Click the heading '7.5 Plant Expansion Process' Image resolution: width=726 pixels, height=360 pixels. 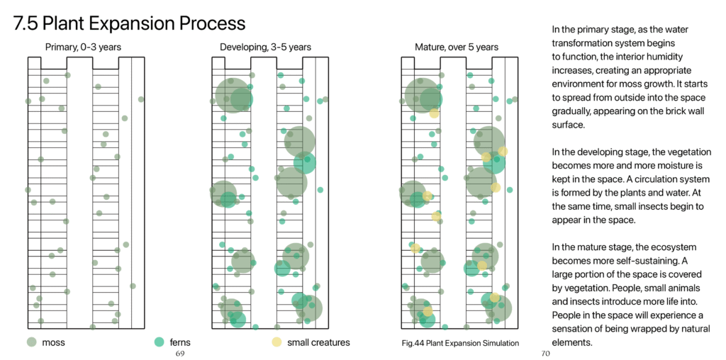click(x=129, y=23)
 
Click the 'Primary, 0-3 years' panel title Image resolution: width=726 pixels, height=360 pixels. click(x=84, y=47)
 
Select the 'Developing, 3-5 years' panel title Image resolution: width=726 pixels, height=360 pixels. click(x=265, y=47)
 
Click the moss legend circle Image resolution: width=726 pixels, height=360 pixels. click(x=31, y=342)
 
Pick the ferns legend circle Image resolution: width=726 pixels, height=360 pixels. click(x=160, y=342)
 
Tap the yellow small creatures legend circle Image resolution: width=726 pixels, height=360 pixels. click(x=277, y=342)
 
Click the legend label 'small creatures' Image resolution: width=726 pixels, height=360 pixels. click(x=318, y=343)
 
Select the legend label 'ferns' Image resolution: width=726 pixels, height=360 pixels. click(x=181, y=343)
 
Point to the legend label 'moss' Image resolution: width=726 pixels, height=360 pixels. click(x=53, y=343)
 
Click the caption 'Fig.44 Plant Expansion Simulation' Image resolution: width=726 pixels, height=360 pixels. click(x=460, y=343)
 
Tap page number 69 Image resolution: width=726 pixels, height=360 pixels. click(x=180, y=354)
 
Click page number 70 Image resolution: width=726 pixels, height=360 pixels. click(x=547, y=354)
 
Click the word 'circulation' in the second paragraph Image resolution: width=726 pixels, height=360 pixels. click(x=661, y=179)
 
